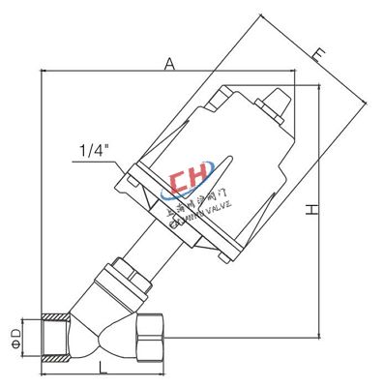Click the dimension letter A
[x=169, y=64]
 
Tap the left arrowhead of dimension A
[x=44, y=73]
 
